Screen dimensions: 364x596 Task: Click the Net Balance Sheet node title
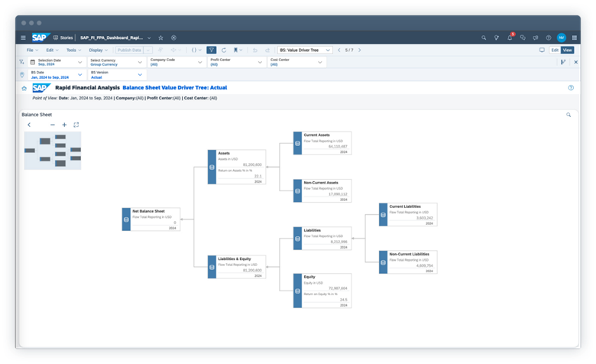coord(148,211)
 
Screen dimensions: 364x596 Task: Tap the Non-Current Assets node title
coord(321,183)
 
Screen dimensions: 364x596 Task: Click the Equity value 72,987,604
coord(337,288)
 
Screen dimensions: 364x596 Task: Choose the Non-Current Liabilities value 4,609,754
coord(423,265)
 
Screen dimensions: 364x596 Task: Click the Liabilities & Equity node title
coord(235,258)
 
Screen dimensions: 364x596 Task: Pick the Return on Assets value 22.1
coord(258,176)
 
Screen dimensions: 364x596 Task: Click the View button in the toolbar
coord(567,50)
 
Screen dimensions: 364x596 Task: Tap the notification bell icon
coord(509,37)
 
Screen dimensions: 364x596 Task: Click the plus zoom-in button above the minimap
coord(64,125)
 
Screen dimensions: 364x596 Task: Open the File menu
coord(31,50)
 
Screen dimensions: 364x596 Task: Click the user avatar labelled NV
coord(562,37)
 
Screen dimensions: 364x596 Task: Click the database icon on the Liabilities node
coord(298,239)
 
